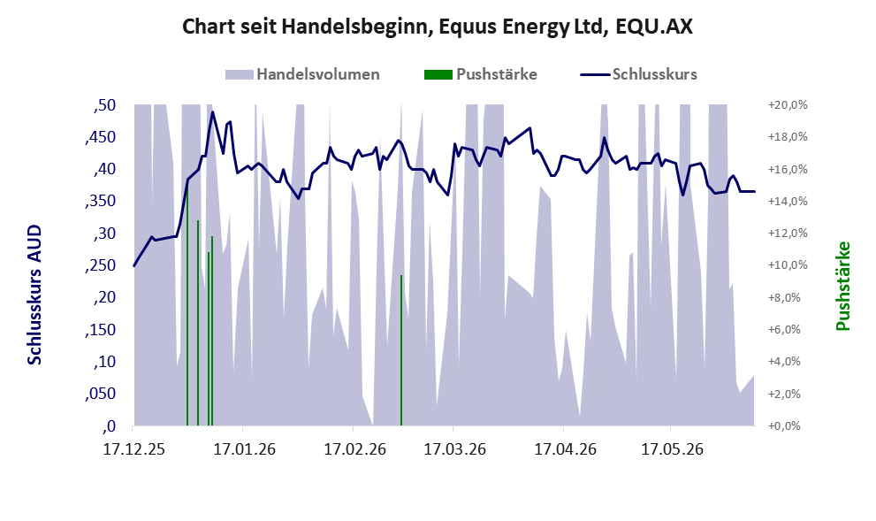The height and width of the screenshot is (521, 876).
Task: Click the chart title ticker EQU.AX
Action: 653,27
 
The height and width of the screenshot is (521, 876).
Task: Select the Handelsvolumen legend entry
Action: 302,74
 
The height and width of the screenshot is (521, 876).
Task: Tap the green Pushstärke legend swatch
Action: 438,74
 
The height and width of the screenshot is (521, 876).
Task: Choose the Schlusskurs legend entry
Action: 638,74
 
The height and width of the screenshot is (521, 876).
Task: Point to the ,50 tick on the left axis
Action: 104,105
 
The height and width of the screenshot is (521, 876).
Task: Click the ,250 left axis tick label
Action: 101,265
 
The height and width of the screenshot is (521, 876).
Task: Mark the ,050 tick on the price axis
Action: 101,394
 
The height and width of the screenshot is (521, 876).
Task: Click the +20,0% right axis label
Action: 788,105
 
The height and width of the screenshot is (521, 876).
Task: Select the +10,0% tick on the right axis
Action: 788,265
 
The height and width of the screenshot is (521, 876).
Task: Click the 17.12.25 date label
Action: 134,448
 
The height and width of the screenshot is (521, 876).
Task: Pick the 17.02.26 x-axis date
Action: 354,448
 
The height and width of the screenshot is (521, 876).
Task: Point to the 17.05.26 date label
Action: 672,448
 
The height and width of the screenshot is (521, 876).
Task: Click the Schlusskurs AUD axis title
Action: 34,295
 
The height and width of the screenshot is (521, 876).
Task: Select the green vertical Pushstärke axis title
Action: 842,286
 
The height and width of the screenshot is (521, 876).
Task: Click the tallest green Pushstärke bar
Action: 187,304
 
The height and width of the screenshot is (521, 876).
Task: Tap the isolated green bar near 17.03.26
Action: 401,350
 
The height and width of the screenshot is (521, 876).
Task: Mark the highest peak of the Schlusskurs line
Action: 212,111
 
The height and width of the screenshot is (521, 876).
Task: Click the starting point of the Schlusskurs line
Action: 134,265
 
